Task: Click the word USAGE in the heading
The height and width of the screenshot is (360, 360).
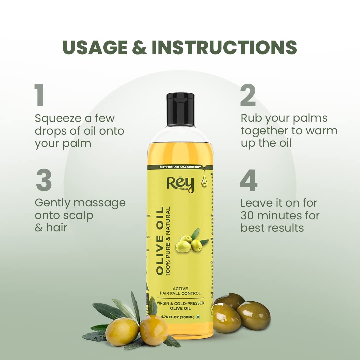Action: click(x=95, y=47)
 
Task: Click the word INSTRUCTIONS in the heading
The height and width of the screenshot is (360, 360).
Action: click(x=224, y=47)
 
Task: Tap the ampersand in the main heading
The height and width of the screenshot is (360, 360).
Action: click(x=139, y=47)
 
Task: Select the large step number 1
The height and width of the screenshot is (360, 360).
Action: click(x=39, y=96)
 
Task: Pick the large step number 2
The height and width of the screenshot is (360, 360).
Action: click(x=248, y=96)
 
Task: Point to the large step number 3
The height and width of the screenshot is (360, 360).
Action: click(x=44, y=181)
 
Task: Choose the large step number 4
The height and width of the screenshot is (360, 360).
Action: click(x=249, y=181)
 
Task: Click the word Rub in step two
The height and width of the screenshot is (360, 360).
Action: click(x=250, y=118)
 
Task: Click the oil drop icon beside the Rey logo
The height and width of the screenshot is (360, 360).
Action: click(x=203, y=181)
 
